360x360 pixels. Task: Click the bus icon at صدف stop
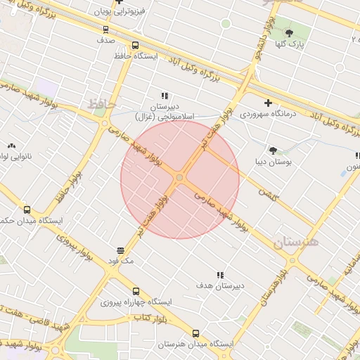tap(105, 30)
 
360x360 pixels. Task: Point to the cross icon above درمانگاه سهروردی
tap(268, 103)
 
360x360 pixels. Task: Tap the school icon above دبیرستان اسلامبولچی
tap(165, 96)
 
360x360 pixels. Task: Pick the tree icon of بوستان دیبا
tap(273, 150)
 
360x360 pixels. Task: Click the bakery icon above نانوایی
tap(11, 146)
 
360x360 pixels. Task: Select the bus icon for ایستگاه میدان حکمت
tap(27, 210)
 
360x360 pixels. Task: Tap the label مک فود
tap(120, 260)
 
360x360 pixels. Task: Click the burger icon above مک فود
tap(120, 250)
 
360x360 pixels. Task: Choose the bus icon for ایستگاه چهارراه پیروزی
tap(136, 291)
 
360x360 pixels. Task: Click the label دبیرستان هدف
tap(220, 285)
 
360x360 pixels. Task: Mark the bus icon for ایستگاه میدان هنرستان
tap(195, 334)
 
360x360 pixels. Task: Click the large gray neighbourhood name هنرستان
tap(296, 243)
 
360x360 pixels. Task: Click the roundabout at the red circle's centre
tap(180, 179)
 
